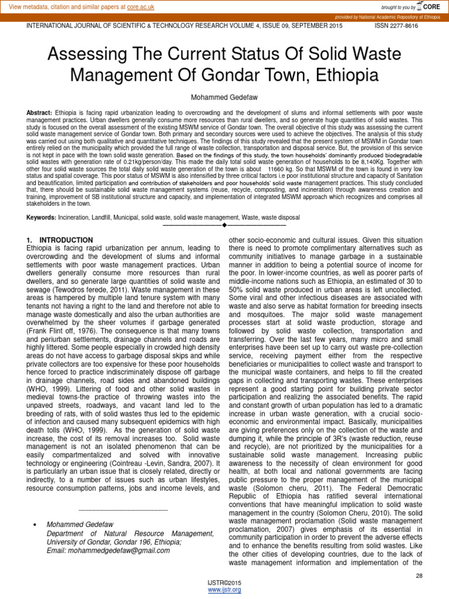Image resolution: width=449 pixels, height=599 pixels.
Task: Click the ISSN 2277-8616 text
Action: [396, 27]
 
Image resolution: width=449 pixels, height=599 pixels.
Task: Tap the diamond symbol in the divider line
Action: [224, 225]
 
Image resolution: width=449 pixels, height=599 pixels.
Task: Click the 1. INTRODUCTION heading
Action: [60, 240]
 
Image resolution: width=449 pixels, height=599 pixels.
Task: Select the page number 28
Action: [419, 576]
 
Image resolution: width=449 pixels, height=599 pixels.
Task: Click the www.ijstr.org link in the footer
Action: [224, 590]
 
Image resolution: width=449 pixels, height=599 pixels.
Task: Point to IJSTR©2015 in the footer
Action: [224, 583]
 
